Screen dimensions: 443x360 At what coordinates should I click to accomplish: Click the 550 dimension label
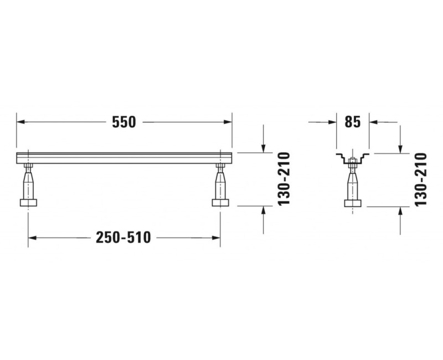[x=124, y=122]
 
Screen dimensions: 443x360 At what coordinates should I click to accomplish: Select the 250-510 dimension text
[x=123, y=238]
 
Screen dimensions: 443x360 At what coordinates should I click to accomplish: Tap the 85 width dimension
[x=353, y=122]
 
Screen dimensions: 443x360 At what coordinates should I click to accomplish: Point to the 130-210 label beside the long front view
[x=284, y=179]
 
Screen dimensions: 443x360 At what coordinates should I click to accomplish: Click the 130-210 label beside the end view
[x=420, y=179]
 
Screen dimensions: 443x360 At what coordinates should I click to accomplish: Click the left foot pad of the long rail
[x=28, y=203]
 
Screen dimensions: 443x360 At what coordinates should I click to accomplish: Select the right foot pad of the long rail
[x=220, y=203]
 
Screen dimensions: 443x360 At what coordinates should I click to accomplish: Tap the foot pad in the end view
[x=353, y=203]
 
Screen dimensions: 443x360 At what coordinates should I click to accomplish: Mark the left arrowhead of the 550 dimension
[x=20, y=122]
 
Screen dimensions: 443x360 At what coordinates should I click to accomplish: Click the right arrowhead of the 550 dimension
[x=228, y=122]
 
